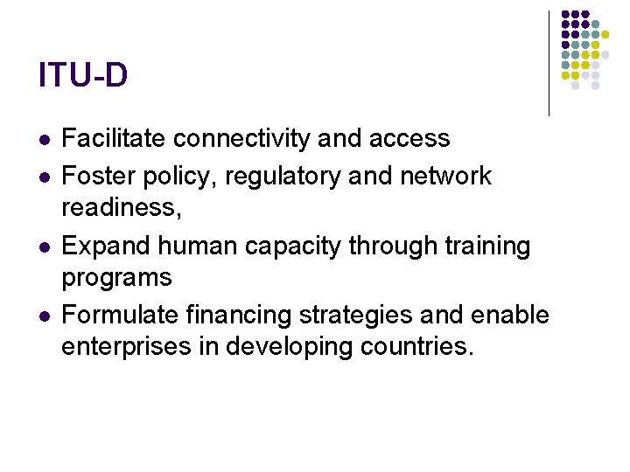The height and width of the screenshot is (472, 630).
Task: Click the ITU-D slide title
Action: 83,75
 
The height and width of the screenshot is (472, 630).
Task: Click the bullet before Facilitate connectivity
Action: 45,140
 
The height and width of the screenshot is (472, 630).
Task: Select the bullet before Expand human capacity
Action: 45,248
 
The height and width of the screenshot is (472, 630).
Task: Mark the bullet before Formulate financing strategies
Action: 45,316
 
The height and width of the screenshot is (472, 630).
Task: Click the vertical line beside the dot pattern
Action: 549,63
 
